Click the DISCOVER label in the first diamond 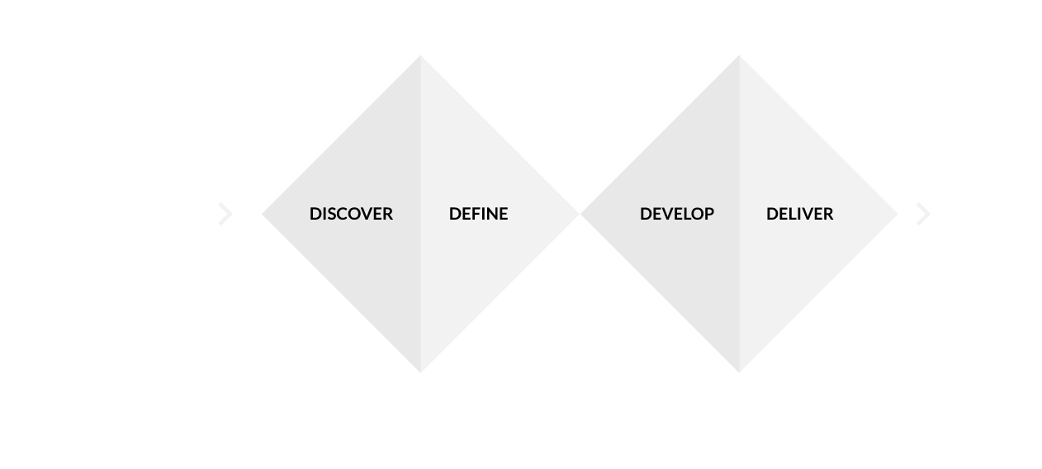tap(351, 214)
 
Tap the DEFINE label tap(478, 214)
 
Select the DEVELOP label tap(676, 214)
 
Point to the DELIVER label tap(799, 214)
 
